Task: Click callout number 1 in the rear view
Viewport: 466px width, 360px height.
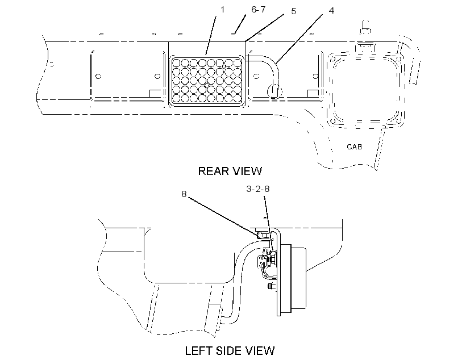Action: tap(222, 10)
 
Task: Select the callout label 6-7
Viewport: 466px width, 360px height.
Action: tap(258, 10)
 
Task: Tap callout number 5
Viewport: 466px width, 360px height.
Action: tap(293, 11)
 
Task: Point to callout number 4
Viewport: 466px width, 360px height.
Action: tap(331, 11)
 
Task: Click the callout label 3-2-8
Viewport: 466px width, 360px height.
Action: tap(257, 189)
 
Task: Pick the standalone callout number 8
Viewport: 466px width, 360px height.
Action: tap(184, 194)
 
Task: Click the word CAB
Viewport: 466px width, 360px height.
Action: tap(354, 146)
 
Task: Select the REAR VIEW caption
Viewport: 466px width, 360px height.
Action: tap(230, 171)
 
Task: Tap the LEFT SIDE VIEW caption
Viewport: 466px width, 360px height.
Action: tap(230, 351)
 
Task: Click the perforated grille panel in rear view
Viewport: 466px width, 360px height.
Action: tap(207, 81)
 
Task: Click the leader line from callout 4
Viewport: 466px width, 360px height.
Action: tap(299, 39)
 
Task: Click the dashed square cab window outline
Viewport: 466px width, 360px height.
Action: tap(365, 90)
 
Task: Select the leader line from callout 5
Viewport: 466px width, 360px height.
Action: tap(264, 28)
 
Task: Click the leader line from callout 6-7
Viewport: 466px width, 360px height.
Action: tap(240, 24)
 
